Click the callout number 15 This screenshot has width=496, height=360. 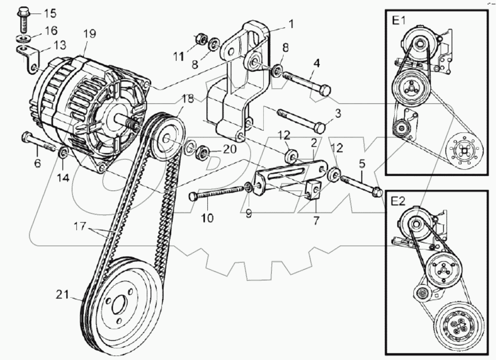pyautogui.click(x=49, y=14)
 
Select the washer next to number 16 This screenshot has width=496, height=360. pyautogui.click(x=23, y=39)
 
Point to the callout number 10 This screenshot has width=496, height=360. pyautogui.click(x=207, y=218)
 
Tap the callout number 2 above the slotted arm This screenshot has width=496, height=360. pyautogui.click(x=314, y=143)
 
